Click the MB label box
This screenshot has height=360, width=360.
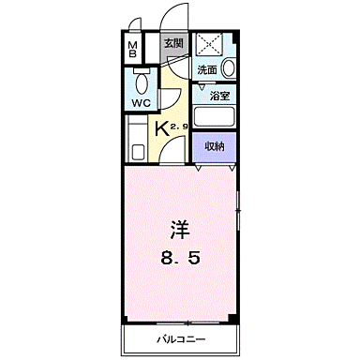133,50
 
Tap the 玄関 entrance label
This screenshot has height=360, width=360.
172,44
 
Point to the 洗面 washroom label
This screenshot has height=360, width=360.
206,68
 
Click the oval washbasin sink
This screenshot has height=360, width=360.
228,67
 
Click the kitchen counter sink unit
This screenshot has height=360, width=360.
135,140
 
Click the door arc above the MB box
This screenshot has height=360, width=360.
137,25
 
